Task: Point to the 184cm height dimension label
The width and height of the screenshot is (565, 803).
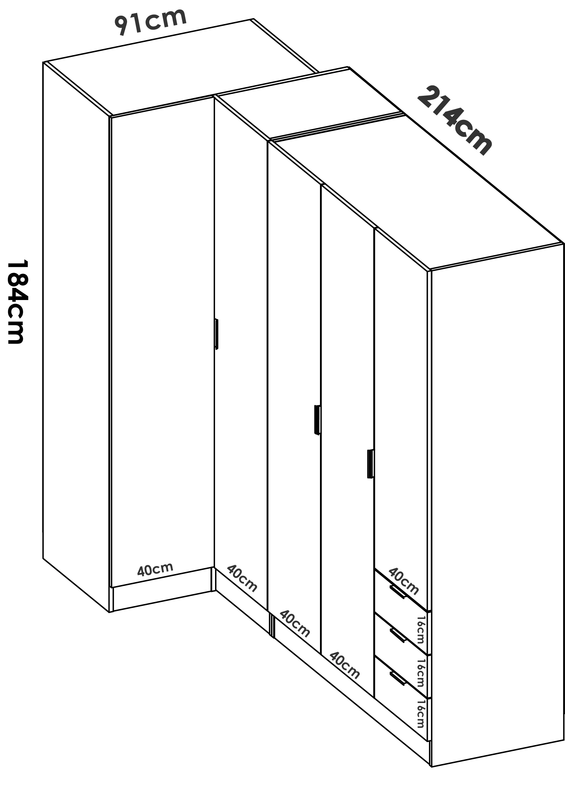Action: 16,301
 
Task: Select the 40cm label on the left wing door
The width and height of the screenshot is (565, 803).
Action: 155,569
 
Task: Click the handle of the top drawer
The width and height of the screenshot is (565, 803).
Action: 398,592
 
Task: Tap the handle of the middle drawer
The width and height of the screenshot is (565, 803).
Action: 398,636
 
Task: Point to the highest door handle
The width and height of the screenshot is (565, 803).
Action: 217,334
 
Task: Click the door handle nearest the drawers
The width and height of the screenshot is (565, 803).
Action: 370,464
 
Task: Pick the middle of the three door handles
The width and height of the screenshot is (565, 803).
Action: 317,420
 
